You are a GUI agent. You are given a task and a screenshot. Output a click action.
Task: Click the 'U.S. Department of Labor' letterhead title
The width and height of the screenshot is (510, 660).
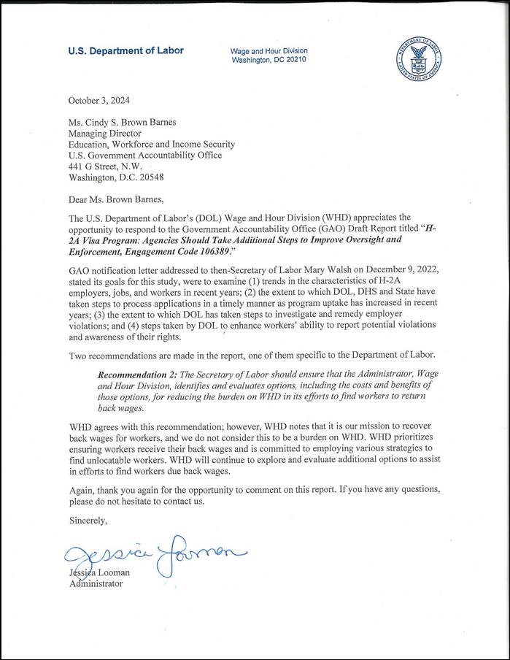click(x=125, y=51)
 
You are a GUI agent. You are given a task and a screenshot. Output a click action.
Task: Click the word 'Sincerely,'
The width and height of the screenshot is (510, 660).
click(x=88, y=521)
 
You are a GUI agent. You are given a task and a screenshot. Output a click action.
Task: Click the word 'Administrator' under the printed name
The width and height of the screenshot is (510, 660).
click(x=96, y=584)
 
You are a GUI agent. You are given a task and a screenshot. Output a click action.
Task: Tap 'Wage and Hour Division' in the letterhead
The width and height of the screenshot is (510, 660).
click(x=268, y=50)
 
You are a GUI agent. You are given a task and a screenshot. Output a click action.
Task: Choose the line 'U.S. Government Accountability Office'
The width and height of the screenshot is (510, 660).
click(x=145, y=155)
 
